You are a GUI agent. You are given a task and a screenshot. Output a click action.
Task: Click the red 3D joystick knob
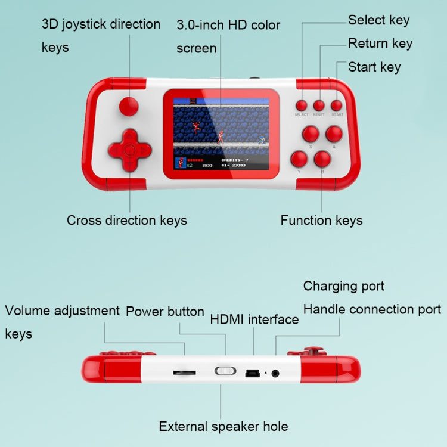(128, 107)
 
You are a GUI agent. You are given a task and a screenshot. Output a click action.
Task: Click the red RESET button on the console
(319, 104)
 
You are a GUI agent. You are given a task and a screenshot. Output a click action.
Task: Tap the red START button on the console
(337, 104)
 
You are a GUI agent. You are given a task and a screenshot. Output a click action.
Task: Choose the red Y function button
(298, 159)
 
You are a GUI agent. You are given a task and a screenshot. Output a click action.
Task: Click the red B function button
(322, 159)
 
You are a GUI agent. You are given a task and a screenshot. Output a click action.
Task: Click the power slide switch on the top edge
(225, 371)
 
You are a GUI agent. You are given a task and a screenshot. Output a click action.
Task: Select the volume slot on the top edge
(184, 372)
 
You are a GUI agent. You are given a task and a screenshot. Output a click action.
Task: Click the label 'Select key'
(378, 20)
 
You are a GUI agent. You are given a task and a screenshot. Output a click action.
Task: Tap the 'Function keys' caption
(321, 221)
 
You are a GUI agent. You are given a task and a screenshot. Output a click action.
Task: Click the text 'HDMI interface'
(254, 319)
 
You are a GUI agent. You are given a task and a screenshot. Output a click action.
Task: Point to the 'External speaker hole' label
(223, 426)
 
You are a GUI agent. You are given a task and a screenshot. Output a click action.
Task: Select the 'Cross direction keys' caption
(126, 221)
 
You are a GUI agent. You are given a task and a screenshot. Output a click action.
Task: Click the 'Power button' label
(165, 312)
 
